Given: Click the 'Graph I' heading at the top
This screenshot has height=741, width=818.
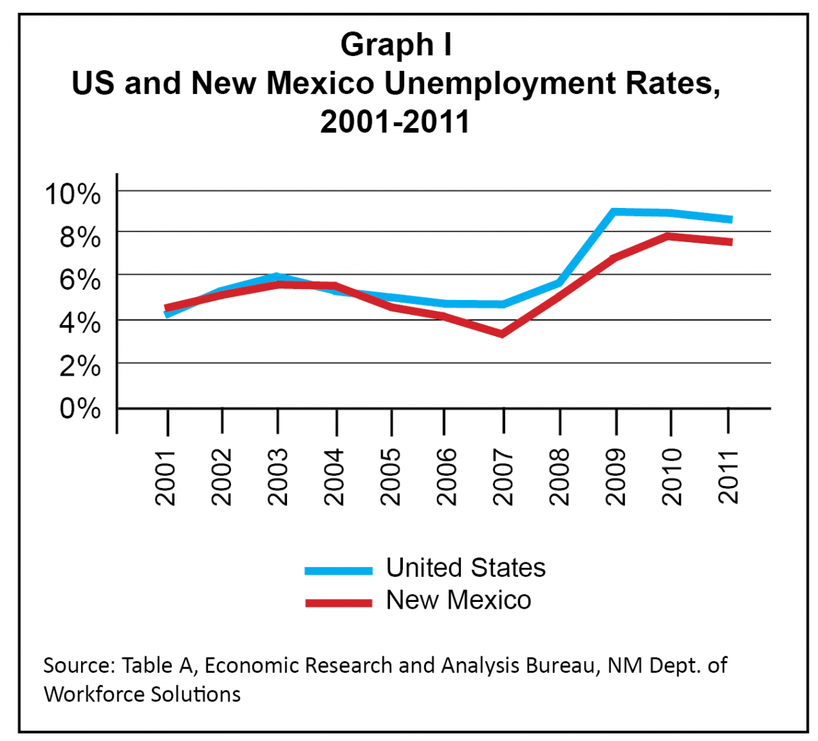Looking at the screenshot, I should click(x=395, y=45).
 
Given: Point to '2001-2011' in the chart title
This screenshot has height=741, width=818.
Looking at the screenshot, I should click(x=395, y=123).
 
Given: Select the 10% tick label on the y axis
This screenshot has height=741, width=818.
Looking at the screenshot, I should click(x=72, y=194).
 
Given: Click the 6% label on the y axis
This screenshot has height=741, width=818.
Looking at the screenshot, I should click(x=80, y=280).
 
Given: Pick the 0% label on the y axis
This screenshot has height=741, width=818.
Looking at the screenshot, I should click(x=80, y=409).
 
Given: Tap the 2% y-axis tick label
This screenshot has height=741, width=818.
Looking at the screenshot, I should click(x=80, y=367).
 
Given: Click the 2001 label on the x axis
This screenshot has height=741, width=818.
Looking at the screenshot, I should click(x=166, y=477).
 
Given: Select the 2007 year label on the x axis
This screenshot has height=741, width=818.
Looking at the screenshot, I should click(x=502, y=477).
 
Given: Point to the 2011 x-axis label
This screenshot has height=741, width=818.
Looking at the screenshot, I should click(x=729, y=477).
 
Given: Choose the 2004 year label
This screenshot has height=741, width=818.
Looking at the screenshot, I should click(x=334, y=477).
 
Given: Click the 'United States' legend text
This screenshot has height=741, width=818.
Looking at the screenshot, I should click(x=466, y=568).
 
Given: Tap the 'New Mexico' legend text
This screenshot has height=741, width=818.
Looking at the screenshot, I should click(x=458, y=601).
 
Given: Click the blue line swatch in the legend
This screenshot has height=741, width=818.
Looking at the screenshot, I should click(x=339, y=571).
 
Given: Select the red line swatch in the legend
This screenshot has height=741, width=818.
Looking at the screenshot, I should click(x=339, y=603).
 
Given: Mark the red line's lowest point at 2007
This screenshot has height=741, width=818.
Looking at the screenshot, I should click(x=502, y=333).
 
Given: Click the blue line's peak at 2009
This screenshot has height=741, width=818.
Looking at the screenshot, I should click(x=614, y=212).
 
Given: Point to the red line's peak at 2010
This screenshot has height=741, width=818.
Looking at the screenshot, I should click(x=670, y=237).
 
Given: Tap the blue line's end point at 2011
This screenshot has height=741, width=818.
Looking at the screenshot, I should click(x=730, y=220).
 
